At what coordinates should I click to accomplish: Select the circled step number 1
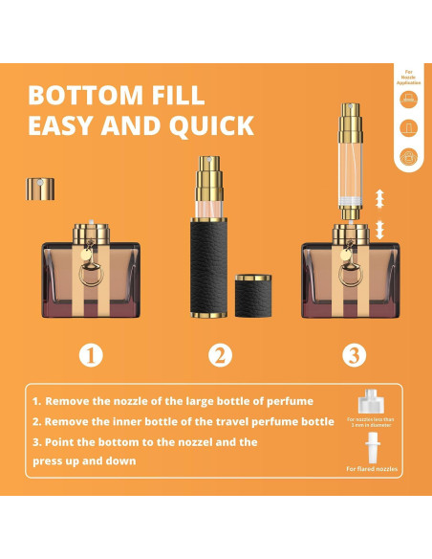tap(91, 356)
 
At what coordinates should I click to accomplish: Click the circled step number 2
tap(220, 356)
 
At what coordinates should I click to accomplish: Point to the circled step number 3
tap(355, 356)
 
